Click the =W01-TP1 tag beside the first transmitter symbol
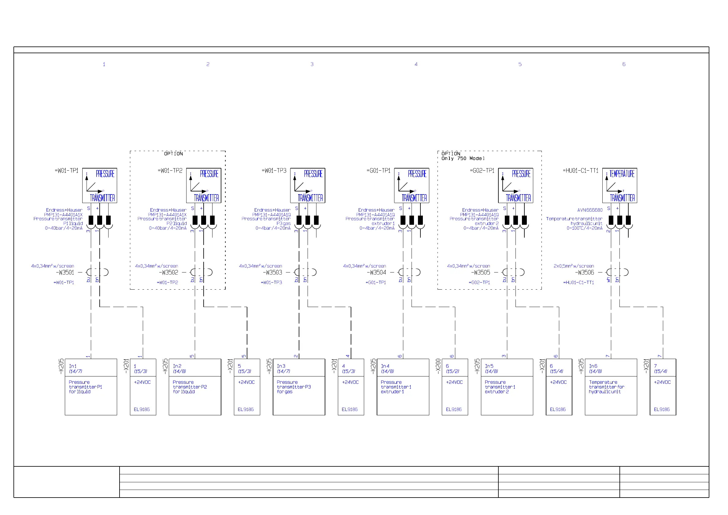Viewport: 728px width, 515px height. tap(67, 171)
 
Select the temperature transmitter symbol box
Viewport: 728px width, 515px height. tap(619, 186)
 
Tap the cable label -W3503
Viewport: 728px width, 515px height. tap(272, 272)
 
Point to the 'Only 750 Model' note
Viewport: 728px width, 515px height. tap(463, 158)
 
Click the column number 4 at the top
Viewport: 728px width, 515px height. tap(416, 64)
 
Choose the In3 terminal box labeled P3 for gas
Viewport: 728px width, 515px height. tap(299, 387)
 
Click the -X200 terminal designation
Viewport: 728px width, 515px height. tap(438, 366)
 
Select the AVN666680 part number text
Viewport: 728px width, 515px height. tap(590, 210)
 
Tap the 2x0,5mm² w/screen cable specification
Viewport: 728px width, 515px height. tap(574, 266)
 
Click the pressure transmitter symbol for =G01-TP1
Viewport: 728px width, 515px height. tap(412, 186)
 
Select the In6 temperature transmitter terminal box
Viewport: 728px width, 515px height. tap(611, 387)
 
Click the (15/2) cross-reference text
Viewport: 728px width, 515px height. tap(453, 371)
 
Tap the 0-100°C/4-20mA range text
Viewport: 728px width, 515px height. tap(584, 228)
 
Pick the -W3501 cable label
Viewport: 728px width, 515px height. tap(65, 272)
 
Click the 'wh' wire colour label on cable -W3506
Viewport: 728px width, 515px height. tap(608, 280)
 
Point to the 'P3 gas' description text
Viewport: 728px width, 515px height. tap(283, 224)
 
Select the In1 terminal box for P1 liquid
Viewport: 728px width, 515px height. tap(91, 387)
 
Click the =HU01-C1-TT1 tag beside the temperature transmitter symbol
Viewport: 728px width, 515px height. tap(580, 171)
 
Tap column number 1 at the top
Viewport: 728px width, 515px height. tap(104, 64)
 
